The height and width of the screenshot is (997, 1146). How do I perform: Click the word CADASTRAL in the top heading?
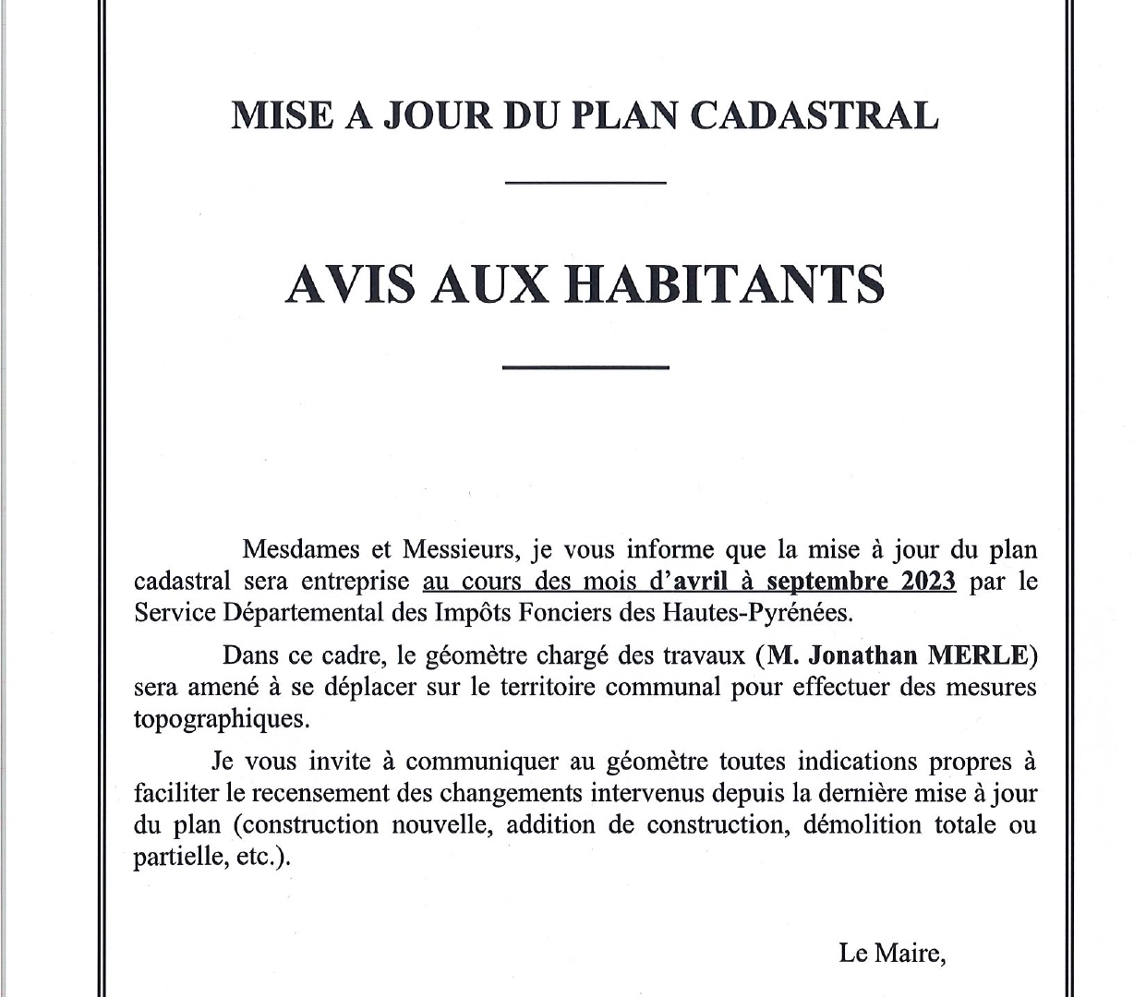pyautogui.click(x=814, y=115)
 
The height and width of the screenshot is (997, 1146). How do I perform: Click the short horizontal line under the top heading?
pyautogui.click(x=585, y=183)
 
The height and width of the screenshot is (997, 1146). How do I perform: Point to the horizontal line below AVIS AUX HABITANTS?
pyautogui.click(x=585, y=367)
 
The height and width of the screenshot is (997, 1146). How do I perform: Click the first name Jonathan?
pyautogui.click(x=863, y=655)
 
